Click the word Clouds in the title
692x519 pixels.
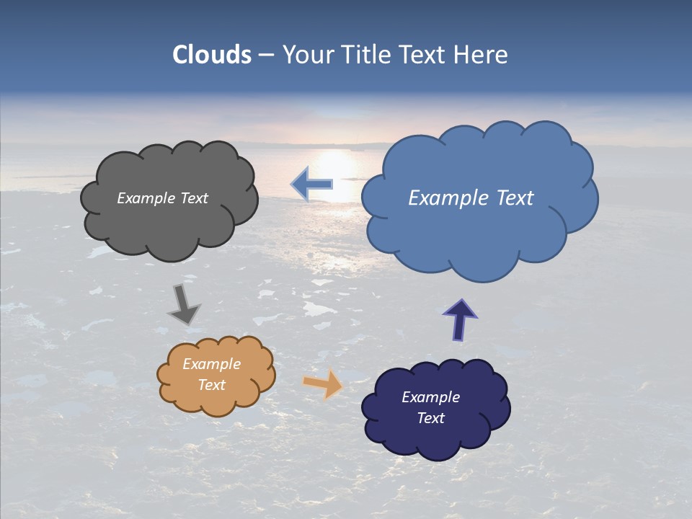click(212, 55)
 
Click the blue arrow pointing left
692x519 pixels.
click(312, 185)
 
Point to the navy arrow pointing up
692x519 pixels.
click(460, 320)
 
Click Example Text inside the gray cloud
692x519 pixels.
click(162, 198)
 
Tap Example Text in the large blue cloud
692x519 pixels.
click(471, 198)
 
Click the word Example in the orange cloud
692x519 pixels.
click(211, 364)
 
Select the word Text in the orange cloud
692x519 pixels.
click(211, 385)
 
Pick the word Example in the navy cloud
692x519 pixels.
click(430, 397)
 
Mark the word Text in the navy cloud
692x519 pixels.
click(430, 418)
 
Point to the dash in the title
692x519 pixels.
click(266, 56)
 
